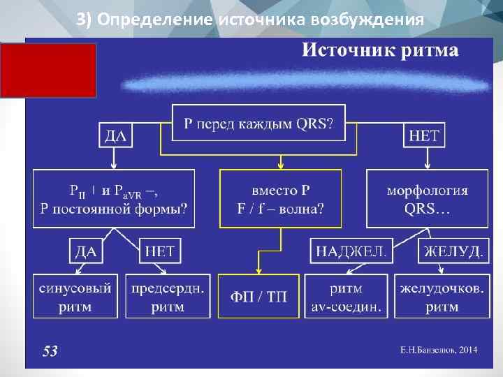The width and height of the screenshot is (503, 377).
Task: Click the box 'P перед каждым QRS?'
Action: tap(258, 124)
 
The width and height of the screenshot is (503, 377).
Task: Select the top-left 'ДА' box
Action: tap(115, 135)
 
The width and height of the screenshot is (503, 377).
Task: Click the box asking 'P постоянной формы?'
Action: tap(114, 198)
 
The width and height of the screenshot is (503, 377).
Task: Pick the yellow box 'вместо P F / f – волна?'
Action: tap(281, 198)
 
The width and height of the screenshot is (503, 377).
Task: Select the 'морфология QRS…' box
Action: tap(427, 198)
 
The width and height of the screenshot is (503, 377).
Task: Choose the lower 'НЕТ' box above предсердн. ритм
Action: tap(161, 251)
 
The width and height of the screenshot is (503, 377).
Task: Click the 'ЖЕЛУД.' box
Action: tap(453, 251)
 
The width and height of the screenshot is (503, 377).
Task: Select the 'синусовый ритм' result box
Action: tap(75, 297)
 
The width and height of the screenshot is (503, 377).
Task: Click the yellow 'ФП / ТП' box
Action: tap(258, 297)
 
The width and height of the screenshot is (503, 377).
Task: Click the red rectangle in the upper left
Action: tap(49, 70)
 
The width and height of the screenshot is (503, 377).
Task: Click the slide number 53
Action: tap(50, 350)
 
